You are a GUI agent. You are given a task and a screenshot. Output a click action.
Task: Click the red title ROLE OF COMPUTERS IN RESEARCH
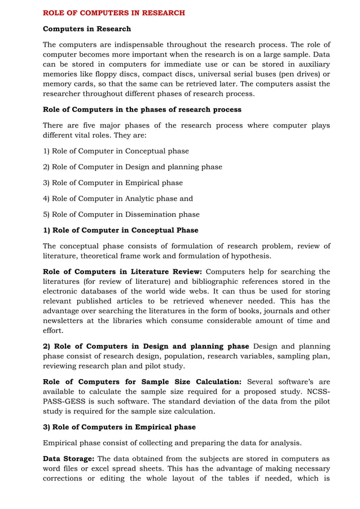(114, 12)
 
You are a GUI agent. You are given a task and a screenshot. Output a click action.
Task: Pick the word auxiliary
(311, 64)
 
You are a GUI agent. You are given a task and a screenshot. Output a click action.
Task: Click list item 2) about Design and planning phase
(133, 167)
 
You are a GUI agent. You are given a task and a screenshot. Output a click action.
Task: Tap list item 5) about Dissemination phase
(121, 214)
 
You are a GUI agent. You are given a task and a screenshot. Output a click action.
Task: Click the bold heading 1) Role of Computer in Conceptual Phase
(121, 230)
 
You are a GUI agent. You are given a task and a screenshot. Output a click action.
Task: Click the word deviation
(207, 401)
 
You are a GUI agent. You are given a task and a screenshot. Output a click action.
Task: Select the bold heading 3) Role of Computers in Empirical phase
(117, 427)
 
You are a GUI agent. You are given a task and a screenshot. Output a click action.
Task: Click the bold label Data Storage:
(67, 459)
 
